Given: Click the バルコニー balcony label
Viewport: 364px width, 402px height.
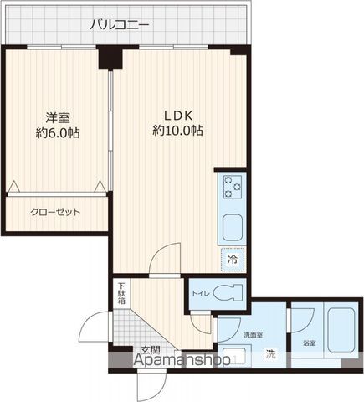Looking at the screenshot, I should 120,25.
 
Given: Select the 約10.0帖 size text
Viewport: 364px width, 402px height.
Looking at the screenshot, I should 177,131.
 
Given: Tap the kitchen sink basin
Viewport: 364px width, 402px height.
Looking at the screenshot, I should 232,227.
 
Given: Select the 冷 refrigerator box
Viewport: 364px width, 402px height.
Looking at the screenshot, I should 232,259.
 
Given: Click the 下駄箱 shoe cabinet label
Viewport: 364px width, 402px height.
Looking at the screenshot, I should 121,294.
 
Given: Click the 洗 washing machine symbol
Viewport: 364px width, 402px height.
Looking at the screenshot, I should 269,353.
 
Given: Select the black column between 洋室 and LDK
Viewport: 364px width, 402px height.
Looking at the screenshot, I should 110,57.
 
